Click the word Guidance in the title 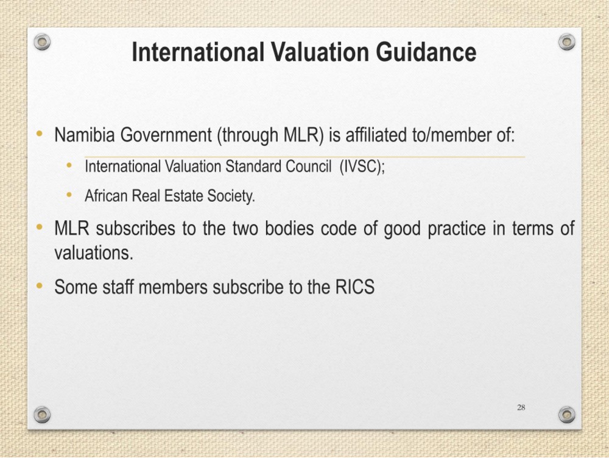tap(426, 52)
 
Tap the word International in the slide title tap(198, 52)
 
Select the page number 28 tap(521, 407)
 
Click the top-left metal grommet tap(42, 41)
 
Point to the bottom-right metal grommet tap(566, 415)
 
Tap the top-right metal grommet tap(566, 41)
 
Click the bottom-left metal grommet tap(42, 415)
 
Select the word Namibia tap(85, 135)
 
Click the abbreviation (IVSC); tap(362, 166)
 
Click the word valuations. tap(94, 252)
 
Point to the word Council tap(308, 166)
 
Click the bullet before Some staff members tap(39, 286)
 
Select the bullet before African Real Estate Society tap(69, 195)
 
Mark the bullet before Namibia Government tap(39, 134)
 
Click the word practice tap(456, 229)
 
